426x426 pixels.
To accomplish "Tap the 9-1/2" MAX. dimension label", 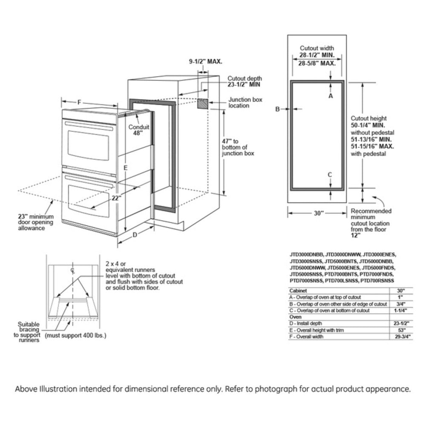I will [206, 62].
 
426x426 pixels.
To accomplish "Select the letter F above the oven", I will [80, 102].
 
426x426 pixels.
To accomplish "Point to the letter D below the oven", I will [135, 235].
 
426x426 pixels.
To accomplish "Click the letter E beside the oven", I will [125, 168].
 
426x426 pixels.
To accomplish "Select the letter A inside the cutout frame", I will [330, 96].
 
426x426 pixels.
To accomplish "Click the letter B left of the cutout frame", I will [277, 109].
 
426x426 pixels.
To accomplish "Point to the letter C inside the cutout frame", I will [330, 175].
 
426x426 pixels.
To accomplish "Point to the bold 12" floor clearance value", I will [356, 235].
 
